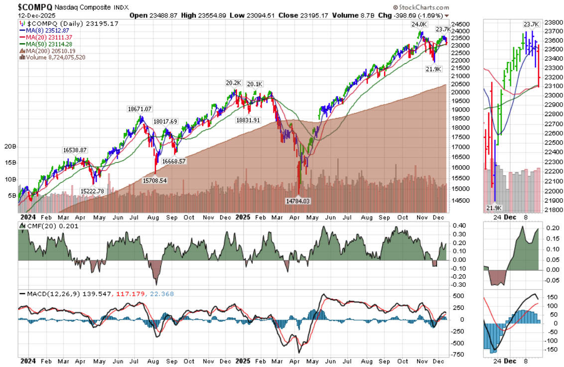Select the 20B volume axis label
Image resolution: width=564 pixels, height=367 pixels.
10,146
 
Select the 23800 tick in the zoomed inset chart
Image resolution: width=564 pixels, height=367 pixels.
553,22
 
